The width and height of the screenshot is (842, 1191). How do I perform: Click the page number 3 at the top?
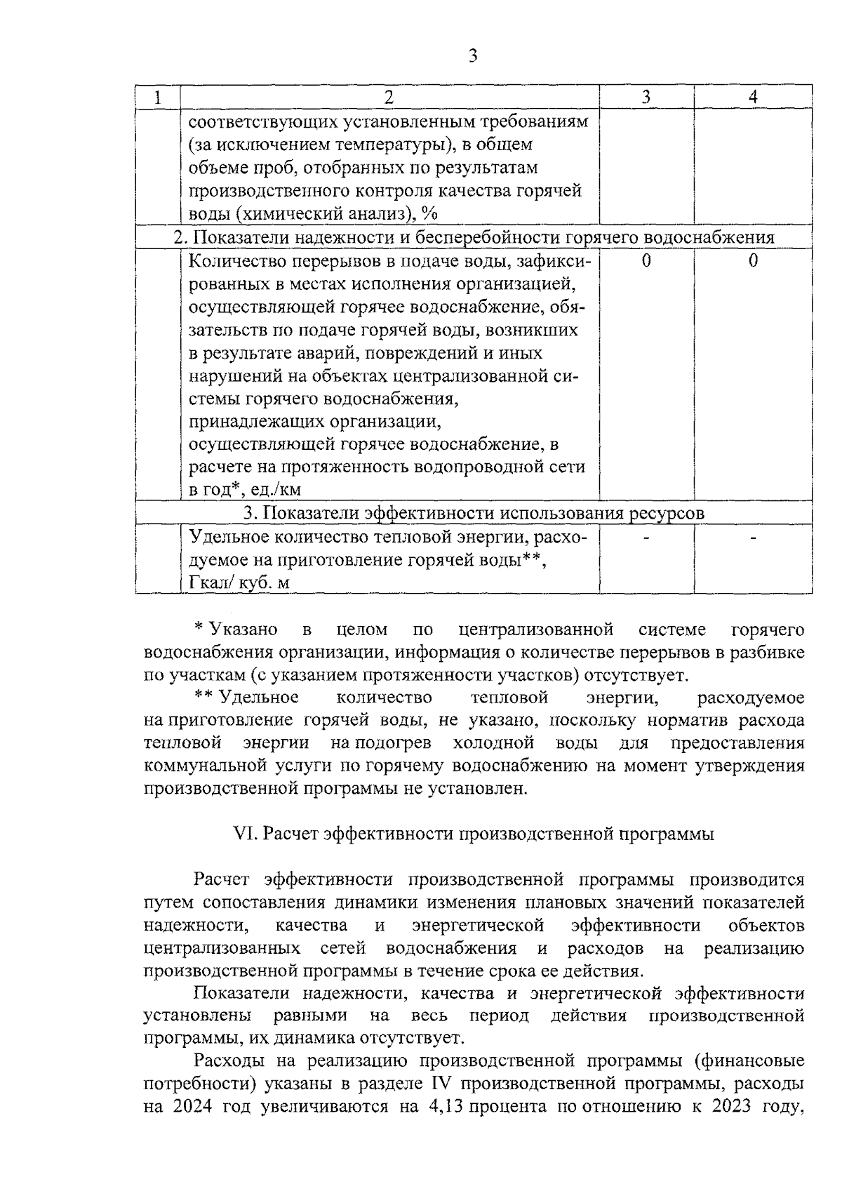coord(472,56)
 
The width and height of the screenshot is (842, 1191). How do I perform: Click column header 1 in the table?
coord(158,98)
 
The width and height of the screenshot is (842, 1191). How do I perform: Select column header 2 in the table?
coord(389,98)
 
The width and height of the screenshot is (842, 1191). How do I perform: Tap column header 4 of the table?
coord(753,98)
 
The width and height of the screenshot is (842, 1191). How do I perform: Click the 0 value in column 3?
coord(646,262)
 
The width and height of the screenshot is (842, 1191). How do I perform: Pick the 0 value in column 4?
coord(753,262)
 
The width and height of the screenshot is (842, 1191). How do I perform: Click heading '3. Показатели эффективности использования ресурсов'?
coord(474,513)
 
